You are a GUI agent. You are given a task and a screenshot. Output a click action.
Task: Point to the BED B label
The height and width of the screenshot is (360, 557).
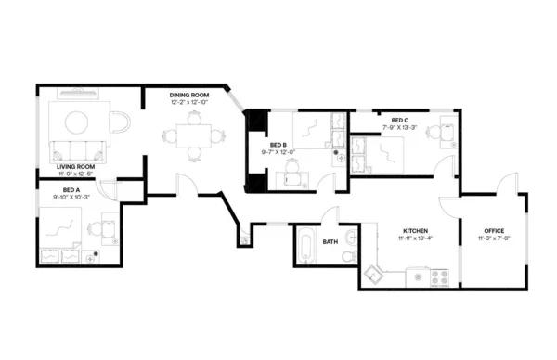(x=278, y=145)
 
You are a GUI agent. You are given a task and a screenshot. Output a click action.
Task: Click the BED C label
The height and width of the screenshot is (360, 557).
(x=399, y=120)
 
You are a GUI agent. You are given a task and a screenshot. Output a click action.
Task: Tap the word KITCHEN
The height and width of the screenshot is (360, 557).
(x=413, y=231)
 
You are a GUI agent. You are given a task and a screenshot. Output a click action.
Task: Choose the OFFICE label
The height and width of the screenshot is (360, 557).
(x=494, y=231)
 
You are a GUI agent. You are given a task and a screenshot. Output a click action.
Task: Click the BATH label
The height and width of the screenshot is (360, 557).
(x=330, y=242)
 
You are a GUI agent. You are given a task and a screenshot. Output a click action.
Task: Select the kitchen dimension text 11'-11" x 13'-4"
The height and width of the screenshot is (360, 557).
(x=413, y=239)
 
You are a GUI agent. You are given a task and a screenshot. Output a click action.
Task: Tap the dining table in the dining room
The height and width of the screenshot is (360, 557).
(x=193, y=135)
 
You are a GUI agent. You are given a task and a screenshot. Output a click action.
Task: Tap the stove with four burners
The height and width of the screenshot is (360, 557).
(x=438, y=276)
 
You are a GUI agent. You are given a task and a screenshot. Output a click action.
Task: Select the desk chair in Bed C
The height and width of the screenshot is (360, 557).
(x=446, y=131)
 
